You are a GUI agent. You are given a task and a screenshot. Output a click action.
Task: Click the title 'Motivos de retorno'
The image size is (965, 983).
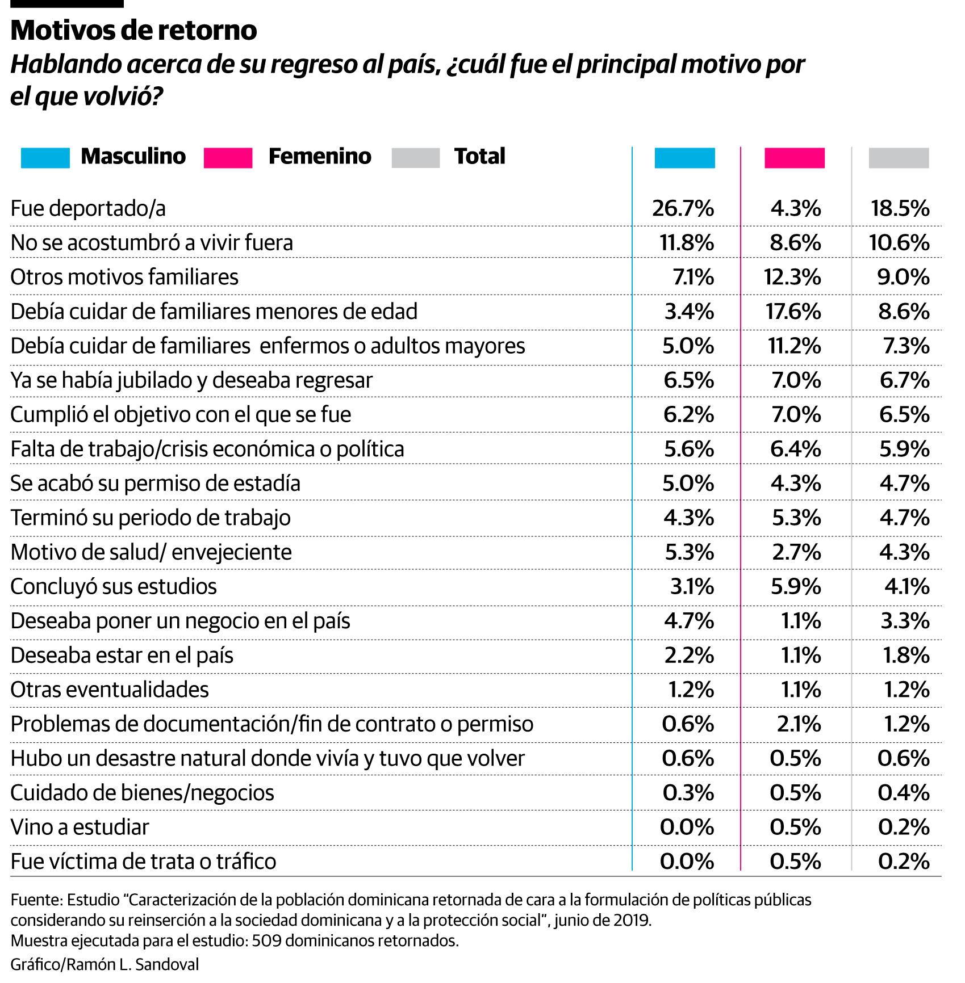coord(133,30)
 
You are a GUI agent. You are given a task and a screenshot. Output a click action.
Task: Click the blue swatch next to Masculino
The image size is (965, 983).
coord(45,157)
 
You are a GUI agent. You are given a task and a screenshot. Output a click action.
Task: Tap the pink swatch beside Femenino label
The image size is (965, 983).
coord(228,157)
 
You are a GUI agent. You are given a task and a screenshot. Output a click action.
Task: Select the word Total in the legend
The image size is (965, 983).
coord(479,156)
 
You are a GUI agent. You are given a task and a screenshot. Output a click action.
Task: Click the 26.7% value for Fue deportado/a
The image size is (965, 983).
coord(683,209)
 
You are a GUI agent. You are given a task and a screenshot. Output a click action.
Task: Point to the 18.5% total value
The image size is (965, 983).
coord(900,209)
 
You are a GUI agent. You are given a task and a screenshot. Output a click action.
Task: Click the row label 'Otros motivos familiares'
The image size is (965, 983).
coord(124,277)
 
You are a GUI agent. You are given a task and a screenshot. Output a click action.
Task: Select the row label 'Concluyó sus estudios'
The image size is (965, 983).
coord(114,586)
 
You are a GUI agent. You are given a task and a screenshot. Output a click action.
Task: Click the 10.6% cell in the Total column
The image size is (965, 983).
coord(899,243)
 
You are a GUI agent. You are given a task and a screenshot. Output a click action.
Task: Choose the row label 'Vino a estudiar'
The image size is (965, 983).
coord(80,827)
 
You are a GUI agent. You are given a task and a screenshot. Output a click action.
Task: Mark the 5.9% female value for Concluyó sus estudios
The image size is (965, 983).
coord(796,586)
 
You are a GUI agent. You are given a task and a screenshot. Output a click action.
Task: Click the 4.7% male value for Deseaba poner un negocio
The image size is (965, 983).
coord(688,621)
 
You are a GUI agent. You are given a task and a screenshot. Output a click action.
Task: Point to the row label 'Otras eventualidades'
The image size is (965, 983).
coord(110,690)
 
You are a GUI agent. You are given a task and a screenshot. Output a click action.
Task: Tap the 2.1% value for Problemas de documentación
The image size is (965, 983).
coord(796,724)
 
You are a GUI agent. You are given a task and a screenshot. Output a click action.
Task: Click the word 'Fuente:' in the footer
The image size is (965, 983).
coord(36,900)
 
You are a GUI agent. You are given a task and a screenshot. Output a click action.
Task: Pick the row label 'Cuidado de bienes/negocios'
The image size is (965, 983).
coord(142,793)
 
